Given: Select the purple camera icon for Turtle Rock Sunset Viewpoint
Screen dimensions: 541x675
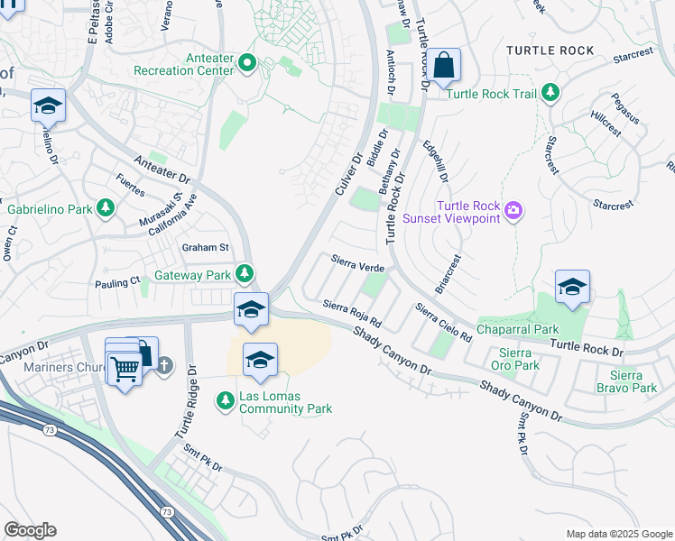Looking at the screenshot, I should [x=513, y=211].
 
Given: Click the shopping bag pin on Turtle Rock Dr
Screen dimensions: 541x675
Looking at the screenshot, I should [x=443, y=66].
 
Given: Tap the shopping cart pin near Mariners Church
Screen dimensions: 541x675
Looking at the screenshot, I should [x=124, y=368].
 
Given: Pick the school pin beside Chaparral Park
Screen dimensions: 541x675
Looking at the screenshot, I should [x=572, y=289].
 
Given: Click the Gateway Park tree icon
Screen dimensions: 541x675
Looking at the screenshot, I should [x=244, y=273].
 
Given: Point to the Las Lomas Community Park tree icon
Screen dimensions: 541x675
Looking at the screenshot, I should [x=224, y=399].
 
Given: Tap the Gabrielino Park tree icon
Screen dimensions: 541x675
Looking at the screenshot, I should [x=106, y=209].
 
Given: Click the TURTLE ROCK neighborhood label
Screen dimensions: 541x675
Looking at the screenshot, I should [x=550, y=50].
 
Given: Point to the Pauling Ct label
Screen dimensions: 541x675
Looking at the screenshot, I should [x=117, y=283].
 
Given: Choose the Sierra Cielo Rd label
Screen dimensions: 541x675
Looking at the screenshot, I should [x=443, y=323].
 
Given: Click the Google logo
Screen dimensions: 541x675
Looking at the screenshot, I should [x=30, y=530].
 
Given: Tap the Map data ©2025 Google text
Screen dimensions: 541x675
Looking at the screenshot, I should [x=617, y=534].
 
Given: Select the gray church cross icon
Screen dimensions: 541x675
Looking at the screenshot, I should [x=163, y=365].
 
